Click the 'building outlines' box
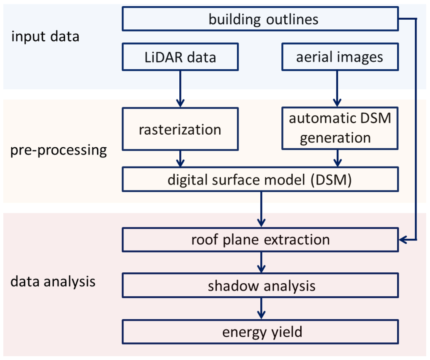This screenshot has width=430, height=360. [x=260, y=19]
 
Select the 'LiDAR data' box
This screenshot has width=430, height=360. [x=180, y=57]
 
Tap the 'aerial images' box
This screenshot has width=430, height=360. [x=340, y=57]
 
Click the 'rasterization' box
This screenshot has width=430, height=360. [x=180, y=129]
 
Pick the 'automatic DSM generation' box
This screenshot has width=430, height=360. [x=340, y=129]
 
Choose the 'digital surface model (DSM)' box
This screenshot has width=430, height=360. [x=260, y=180]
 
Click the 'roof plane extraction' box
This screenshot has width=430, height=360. [x=260, y=240]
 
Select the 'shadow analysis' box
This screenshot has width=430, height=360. [x=260, y=286]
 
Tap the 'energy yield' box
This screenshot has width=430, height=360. [x=260, y=332]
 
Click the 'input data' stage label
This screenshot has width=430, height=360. [x=45, y=37]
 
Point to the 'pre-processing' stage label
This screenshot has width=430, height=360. [x=59, y=150]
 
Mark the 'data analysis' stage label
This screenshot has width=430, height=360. [x=53, y=281]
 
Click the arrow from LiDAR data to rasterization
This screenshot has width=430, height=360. [x=180, y=89]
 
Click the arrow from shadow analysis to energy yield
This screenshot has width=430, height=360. [x=262, y=309]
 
